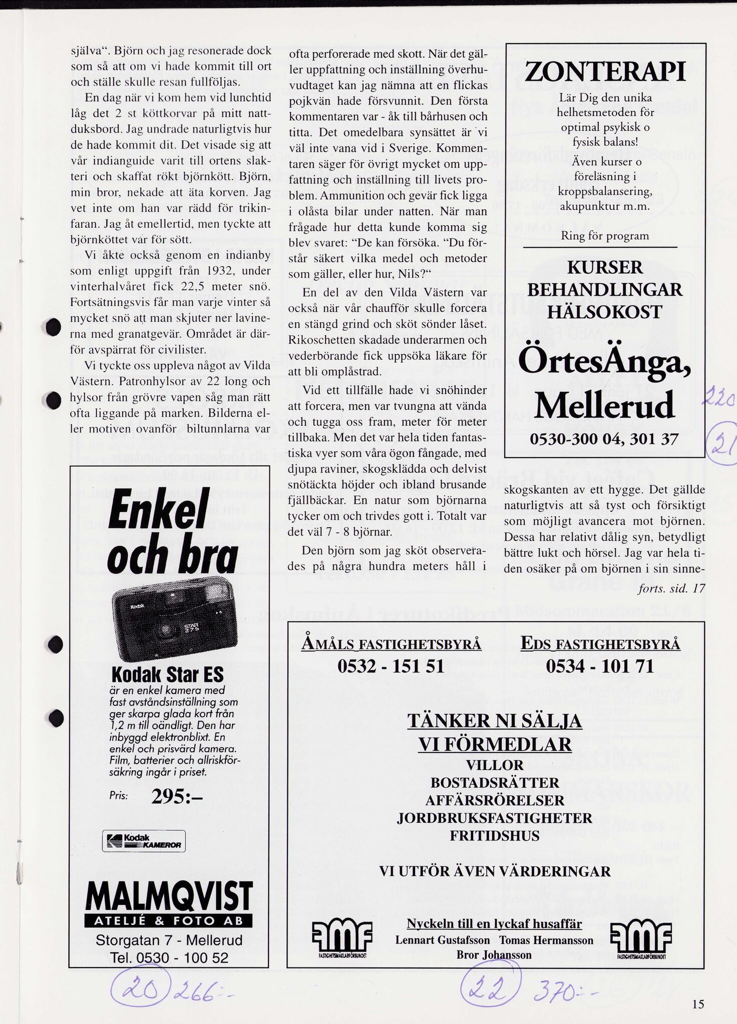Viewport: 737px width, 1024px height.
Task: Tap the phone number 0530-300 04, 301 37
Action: pyautogui.click(x=604, y=439)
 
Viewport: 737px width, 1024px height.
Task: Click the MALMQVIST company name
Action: pyautogui.click(x=169, y=897)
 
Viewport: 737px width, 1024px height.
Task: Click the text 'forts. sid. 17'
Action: pyautogui.click(x=671, y=588)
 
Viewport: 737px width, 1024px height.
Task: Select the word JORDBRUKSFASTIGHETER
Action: pyautogui.click(x=494, y=818)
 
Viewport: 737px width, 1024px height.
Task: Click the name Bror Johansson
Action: pyautogui.click(x=494, y=954)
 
